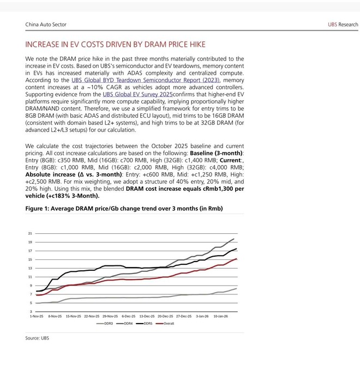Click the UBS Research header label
[343, 25]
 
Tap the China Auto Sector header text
[46, 25]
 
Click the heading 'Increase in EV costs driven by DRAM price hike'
[115, 44]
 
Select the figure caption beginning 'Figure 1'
[124, 209]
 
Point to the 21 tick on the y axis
[30, 233]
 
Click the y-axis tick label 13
[30, 268]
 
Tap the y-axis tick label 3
[31, 311]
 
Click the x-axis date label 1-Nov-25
[37, 316]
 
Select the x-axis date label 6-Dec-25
[128, 316]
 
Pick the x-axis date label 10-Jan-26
[220, 316]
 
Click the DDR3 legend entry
[105, 324]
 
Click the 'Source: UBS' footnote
[37, 338]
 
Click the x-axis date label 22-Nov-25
[92, 316]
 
